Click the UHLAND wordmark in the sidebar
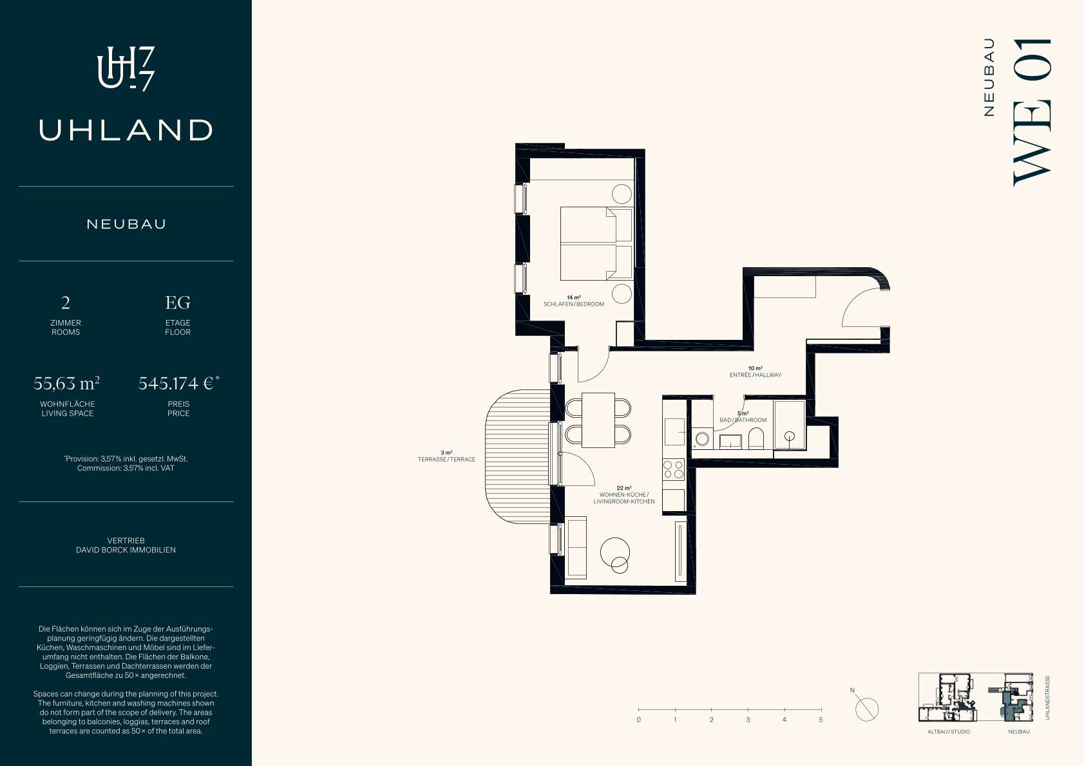tap(126, 130)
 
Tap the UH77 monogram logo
tap(126, 69)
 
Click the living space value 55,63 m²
tap(67, 384)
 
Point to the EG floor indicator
tap(178, 303)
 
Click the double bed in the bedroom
tap(596, 244)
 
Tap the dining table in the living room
tap(598, 420)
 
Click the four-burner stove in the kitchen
tap(674, 469)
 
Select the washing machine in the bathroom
tap(702, 438)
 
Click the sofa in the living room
tap(575, 547)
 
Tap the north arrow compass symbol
tap(866, 709)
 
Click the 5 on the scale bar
tap(821, 720)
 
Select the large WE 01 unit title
tap(1032, 112)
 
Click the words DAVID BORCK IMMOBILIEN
tap(126, 550)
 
